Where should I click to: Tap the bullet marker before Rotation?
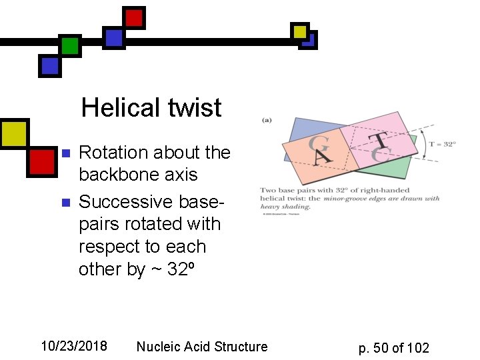click(x=65, y=153)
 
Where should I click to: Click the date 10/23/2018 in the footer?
click(x=73, y=346)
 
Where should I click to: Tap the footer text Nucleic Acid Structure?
click(x=201, y=347)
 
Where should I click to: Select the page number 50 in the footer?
click(x=381, y=347)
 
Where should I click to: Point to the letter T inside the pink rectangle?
click(x=379, y=140)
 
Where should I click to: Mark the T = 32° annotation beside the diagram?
click(x=443, y=144)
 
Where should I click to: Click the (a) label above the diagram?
click(x=266, y=121)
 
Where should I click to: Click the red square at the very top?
click(x=134, y=18)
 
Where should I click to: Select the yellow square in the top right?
click(x=300, y=31)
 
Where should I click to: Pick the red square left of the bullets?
click(x=41, y=162)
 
